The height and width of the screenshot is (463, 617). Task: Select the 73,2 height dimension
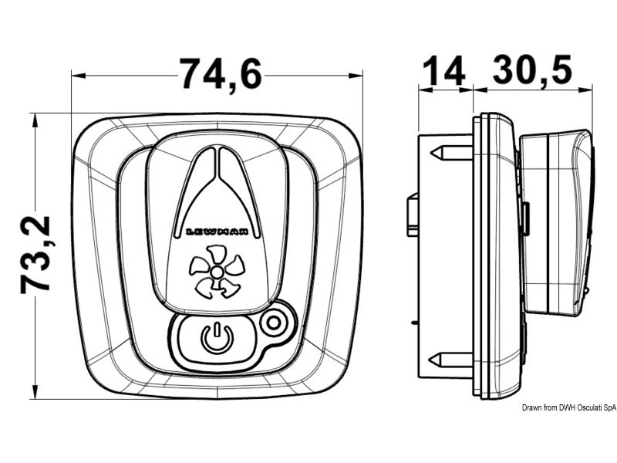(x=36, y=254)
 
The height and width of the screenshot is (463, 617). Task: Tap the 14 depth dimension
(x=445, y=72)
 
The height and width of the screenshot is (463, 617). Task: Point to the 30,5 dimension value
(x=532, y=72)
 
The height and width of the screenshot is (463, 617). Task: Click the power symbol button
(x=216, y=337)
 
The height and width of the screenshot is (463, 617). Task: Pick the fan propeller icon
(x=217, y=275)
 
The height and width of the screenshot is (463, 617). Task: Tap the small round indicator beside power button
(x=271, y=324)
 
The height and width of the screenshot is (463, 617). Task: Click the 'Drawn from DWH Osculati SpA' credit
(x=568, y=407)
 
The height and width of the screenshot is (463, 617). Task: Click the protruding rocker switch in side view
(x=555, y=224)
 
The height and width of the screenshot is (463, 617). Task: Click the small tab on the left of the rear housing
(x=412, y=215)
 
